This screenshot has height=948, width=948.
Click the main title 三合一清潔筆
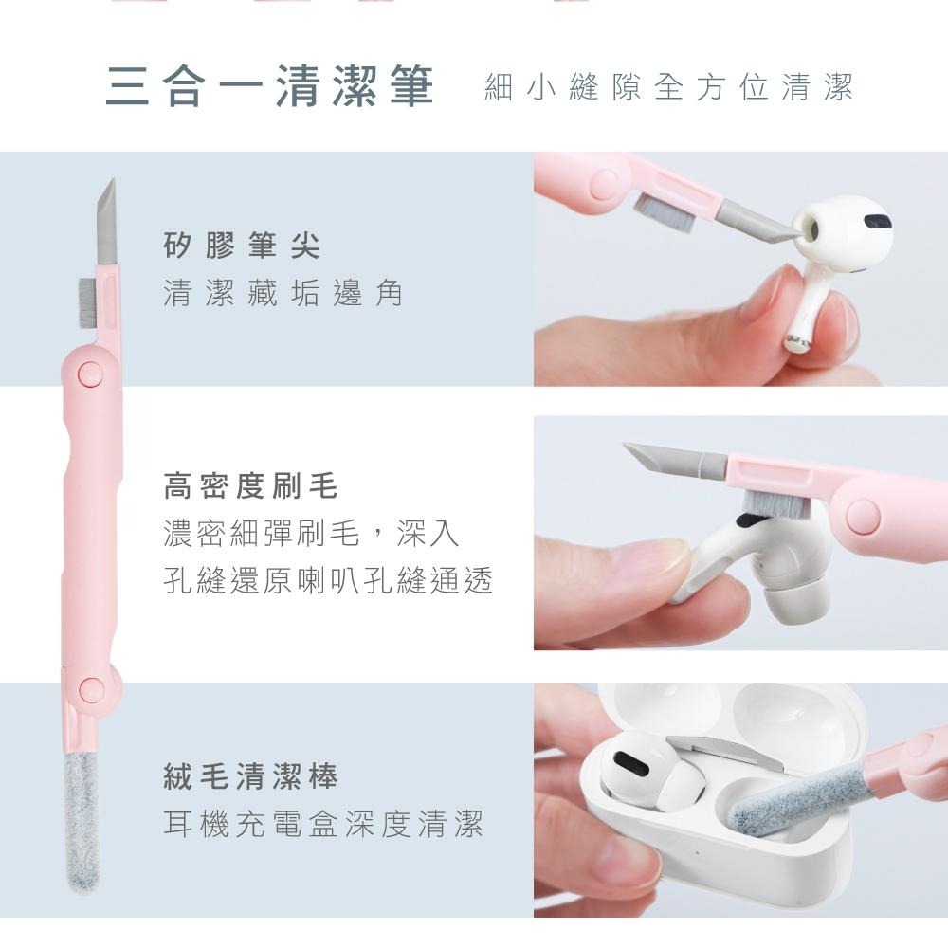click(x=269, y=86)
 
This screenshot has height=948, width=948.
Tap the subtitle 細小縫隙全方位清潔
click(x=668, y=86)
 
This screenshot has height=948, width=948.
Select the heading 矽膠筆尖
click(x=242, y=245)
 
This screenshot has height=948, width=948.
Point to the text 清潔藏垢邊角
click(x=283, y=293)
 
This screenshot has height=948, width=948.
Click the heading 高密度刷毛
click(x=250, y=486)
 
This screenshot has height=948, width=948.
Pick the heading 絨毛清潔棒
click(x=250, y=776)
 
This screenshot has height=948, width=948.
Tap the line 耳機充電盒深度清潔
click(x=323, y=824)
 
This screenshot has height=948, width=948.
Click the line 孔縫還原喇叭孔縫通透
click(x=328, y=580)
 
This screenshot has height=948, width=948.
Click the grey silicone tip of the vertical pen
click(x=107, y=223)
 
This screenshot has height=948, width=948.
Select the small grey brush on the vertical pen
click(x=86, y=303)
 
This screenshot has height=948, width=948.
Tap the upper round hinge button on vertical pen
click(x=91, y=374)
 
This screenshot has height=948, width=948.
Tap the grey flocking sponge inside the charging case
click(x=797, y=798)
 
